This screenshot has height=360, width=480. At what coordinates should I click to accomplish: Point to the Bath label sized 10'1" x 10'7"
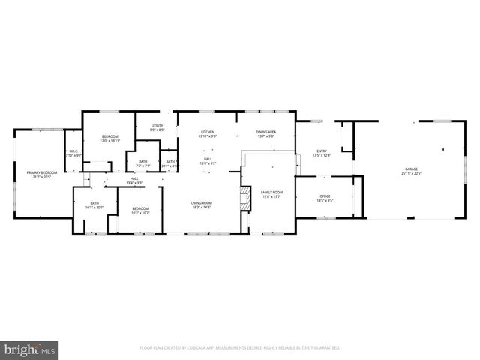coord(95,205)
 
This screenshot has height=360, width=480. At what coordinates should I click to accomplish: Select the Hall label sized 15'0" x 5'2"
coord(208,161)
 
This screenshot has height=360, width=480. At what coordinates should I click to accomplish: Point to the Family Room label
coord(271,194)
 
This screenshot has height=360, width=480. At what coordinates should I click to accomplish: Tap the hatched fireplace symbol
coord(244,199)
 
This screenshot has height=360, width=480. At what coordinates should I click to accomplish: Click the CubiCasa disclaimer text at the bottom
coord(240,348)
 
